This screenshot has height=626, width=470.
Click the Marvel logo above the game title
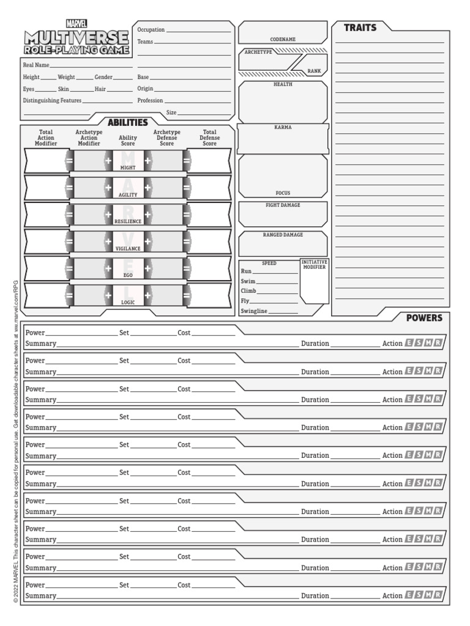pos(76,24)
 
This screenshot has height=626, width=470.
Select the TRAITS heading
pos(360,28)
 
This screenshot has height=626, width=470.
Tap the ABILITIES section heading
pos(128,122)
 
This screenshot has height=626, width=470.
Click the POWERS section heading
pos(424,318)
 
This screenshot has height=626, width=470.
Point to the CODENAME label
pos(283,39)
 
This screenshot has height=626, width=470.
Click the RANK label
pos(314,72)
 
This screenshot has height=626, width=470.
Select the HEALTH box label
pos(283,84)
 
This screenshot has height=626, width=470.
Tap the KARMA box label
pos(283,127)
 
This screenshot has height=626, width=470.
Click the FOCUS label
pos(283,193)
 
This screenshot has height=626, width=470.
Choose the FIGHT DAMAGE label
pos(283,205)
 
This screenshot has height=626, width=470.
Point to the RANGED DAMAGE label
pos(283,235)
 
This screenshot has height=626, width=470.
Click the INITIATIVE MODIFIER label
pos(315,265)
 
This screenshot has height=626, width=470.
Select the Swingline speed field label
pos(254,311)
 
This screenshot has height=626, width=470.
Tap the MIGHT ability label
pos(128,168)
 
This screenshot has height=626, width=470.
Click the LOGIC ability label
pos(128,302)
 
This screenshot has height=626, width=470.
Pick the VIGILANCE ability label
pos(128,249)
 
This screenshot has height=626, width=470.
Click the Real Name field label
pos(36,64)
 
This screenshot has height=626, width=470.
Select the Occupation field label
pos(151,29)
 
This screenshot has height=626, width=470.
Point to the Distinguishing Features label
pos(52,100)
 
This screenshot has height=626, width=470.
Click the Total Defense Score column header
pos(209,138)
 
